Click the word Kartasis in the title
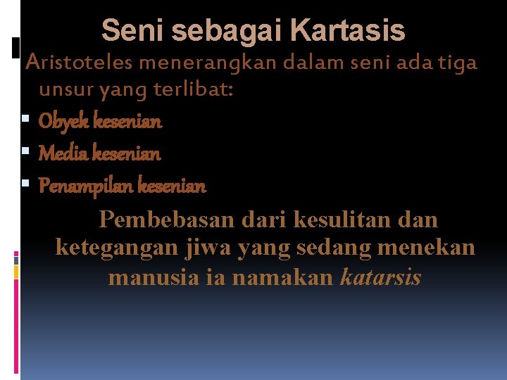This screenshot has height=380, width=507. click(348, 31)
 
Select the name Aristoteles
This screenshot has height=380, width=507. click(80, 63)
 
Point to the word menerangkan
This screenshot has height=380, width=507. click(209, 63)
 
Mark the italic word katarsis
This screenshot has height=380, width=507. click(381, 277)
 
